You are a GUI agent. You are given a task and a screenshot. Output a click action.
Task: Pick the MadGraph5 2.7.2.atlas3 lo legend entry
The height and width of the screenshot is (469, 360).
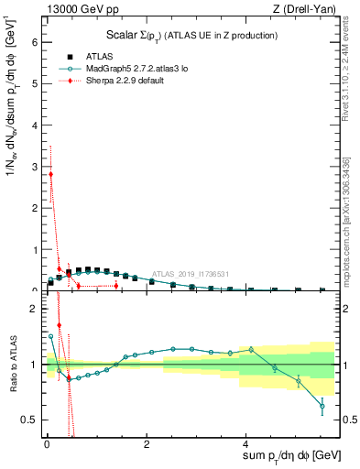point(137,68)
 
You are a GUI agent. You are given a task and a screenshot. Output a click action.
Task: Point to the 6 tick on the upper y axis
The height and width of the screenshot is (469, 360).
point(36,42)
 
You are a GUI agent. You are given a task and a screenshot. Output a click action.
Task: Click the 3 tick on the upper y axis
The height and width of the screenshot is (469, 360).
point(36,167)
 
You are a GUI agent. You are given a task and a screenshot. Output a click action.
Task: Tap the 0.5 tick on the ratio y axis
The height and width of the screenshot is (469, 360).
point(31,420)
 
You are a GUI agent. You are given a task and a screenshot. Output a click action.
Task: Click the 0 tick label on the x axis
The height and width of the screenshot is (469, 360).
point(46,444)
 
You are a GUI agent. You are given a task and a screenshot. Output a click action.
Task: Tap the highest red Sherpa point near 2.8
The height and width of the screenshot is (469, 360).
point(50,174)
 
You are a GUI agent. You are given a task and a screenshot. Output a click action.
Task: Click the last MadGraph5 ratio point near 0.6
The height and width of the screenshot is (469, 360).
point(322,406)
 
